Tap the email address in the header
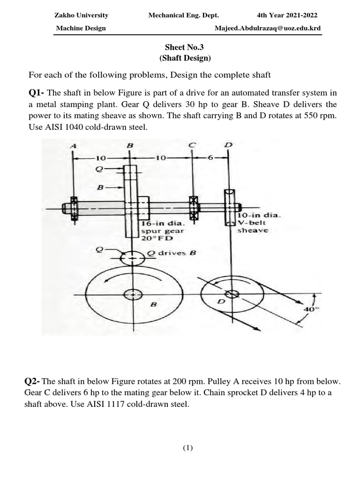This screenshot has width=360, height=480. (268, 28)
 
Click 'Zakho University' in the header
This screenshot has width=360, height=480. (82, 15)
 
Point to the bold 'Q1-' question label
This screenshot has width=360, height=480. (37, 93)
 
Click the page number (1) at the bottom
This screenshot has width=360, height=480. (187, 448)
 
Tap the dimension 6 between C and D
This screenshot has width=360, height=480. (210, 158)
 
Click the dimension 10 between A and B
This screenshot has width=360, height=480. (101, 158)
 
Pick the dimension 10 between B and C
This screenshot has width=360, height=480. (160, 158)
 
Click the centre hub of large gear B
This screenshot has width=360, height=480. (133, 294)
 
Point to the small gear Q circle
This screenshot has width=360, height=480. (133, 257)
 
